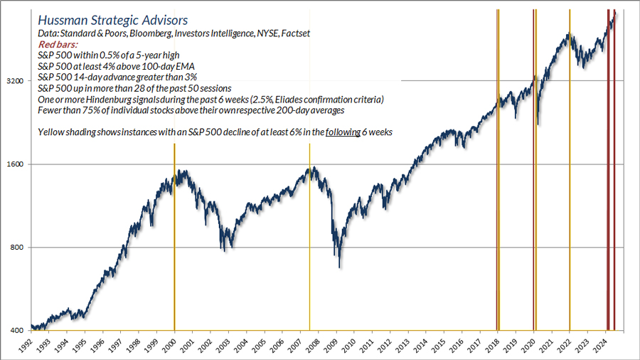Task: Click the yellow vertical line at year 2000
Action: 174,235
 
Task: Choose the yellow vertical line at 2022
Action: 570,178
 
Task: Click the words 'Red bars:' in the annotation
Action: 56,44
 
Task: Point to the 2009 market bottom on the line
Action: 340,267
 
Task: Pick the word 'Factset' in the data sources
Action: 293,33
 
